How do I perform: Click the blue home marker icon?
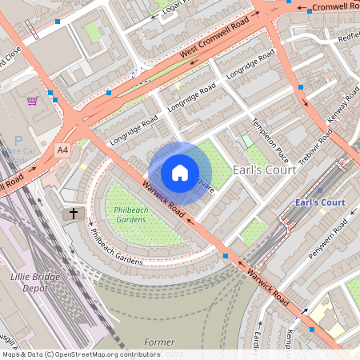180,172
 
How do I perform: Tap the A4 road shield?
62,150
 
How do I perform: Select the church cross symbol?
74,214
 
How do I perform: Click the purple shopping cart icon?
32,101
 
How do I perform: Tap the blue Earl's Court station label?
320,202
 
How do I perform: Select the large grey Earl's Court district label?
265,170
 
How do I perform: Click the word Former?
159,342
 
